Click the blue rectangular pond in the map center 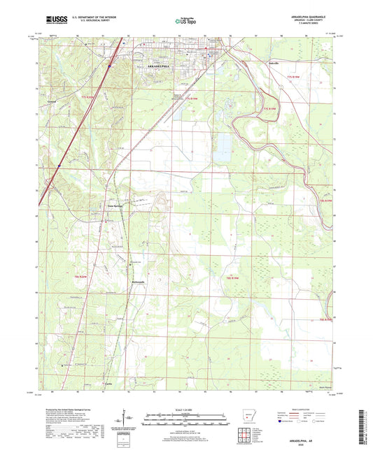point(224,143)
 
